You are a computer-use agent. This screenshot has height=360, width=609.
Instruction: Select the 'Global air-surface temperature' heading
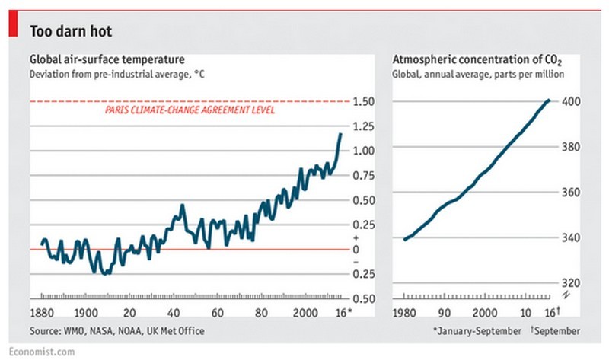106,59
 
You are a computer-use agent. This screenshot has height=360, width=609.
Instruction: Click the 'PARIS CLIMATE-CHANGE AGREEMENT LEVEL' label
188,110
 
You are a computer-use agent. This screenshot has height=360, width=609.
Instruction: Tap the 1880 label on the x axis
43,312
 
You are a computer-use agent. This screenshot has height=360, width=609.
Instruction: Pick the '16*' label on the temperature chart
344,312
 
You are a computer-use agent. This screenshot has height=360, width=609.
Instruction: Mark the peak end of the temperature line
340,134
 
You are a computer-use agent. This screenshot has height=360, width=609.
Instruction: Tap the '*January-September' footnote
476,331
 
